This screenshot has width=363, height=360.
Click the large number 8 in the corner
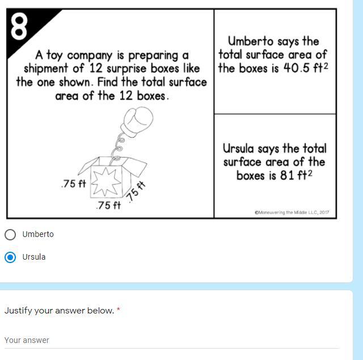pos(19,26)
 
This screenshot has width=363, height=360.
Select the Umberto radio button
pos(10,235)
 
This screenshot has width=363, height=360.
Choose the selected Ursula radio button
pos(10,257)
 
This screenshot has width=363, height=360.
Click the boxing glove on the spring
pos(137,122)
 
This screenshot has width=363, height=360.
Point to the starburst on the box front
pos(106,181)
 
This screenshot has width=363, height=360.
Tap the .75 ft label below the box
pos(108,205)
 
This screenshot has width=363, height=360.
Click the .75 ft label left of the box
pos(74,184)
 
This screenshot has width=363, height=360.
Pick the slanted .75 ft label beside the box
pos(136,192)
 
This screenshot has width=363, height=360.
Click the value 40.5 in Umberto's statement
pos(297,68)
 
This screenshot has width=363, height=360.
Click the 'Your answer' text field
pos(172,341)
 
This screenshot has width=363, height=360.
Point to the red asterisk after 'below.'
pos(119,309)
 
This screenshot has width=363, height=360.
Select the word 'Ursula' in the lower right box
pos(238,149)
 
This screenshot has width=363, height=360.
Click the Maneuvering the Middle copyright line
pos(292,213)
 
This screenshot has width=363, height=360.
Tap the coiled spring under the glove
pos(118,148)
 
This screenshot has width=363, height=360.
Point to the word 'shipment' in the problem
pos(46,69)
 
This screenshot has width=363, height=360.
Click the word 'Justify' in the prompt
pos(18,311)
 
